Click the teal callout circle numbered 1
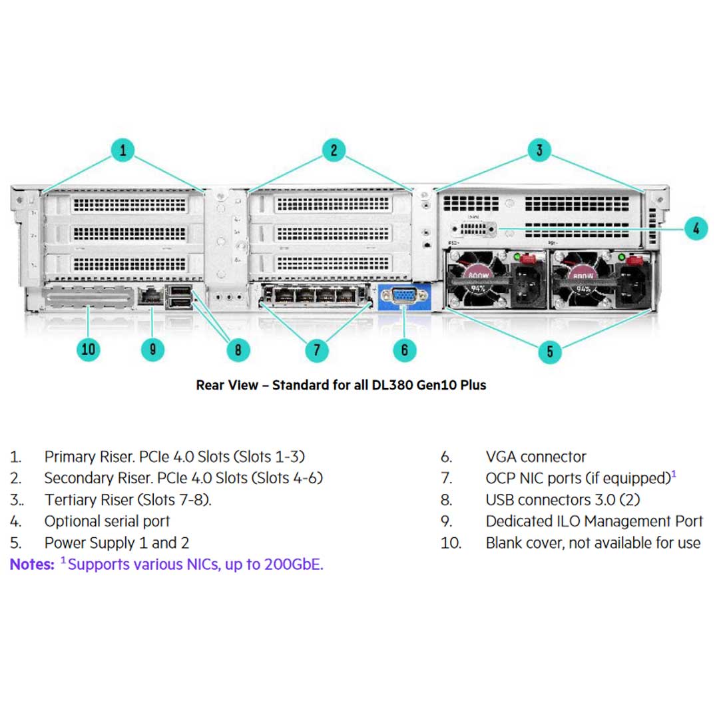[x=122, y=150]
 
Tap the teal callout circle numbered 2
[x=334, y=150]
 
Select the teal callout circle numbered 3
[x=539, y=150]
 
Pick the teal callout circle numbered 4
[x=695, y=229]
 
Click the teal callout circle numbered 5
[x=549, y=351]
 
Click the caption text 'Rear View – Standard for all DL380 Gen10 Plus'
[x=341, y=385]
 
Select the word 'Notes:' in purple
[x=32, y=565]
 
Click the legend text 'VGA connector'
[x=536, y=457]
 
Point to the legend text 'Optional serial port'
[x=107, y=521]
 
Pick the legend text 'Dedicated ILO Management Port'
[x=594, y=521]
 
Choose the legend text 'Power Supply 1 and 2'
[x=117, y=543]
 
